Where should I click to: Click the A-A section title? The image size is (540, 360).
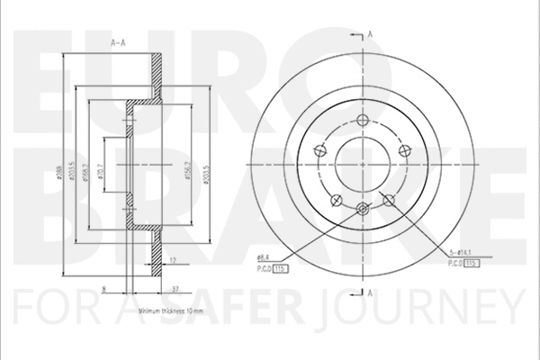pyautogui.click(x=116, y=42)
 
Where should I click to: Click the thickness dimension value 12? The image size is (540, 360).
pyautogui.click(x=171, y=259)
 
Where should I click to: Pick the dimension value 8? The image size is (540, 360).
pyautogui.click(x=104, y=289)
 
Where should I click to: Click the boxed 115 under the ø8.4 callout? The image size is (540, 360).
pyautogui.click(x=280, y=266)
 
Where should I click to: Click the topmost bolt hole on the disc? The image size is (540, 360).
pyautogui.click(x=364, y=122)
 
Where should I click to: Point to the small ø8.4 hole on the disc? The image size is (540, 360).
pyautogui.click(x=363, y=210)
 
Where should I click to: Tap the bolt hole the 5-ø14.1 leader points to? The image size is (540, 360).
pyautogui.click(x=390, y=200)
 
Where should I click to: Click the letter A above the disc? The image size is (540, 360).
pyautogui.click(x=371, y=33)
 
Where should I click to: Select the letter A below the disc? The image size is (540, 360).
pyautogui.click(x=370, y=293)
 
